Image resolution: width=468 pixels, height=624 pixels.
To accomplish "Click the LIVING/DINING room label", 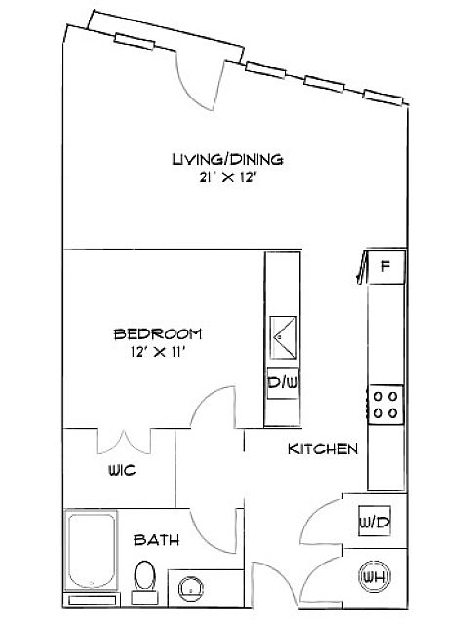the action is [227, 159].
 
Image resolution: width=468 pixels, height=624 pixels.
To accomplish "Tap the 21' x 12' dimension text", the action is [226, 177].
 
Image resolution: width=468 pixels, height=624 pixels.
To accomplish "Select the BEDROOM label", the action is [158, 333].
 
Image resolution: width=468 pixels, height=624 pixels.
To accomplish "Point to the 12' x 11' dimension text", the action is [158, 352].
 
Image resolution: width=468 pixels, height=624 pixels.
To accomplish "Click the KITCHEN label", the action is [323, 448].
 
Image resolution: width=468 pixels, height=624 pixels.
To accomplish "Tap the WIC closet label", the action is [122, 470].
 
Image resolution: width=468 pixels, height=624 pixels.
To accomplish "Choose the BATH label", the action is [156, 540].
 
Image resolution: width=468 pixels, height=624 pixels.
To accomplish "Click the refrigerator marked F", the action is [385, 266].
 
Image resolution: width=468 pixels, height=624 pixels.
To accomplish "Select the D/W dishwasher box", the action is [283, 383].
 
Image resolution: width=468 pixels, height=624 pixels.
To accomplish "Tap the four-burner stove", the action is [386, 405].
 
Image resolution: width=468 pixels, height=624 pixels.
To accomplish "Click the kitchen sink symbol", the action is [283, 337].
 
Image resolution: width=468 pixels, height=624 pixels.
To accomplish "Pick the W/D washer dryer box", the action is [374, 522].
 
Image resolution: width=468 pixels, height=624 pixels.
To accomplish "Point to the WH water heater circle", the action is [374, 576].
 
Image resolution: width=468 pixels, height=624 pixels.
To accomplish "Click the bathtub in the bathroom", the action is [91, 550].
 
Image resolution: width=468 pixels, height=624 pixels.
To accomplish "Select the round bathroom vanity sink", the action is [191, 589].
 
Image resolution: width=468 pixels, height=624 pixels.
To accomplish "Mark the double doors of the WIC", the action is [124, 443].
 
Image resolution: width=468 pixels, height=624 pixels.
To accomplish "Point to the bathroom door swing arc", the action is [207, 538].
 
